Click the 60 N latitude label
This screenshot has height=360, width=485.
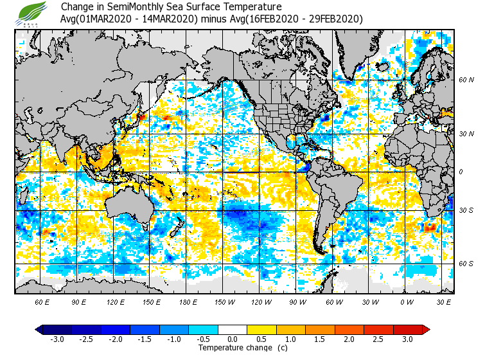(x=466, y=80)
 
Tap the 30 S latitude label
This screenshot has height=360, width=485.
(x=466, y=211)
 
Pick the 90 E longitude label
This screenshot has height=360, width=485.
(x=79, y=301)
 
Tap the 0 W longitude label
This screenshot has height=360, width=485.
(x=406, y=301)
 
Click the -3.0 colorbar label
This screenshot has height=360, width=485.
(x=57, y=339)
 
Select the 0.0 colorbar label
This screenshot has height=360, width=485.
(x=233, y=339)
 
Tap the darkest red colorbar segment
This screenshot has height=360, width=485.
(x=416, y=329)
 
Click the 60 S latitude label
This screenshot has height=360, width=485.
(x=466, y=264)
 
